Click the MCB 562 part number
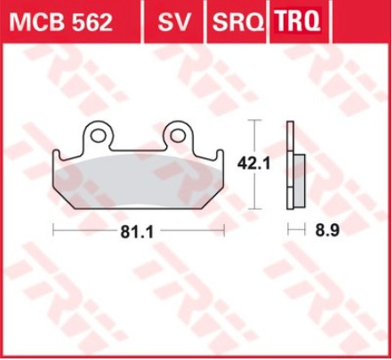[61, 22]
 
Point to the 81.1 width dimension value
[137, 232]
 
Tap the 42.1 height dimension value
[254, 163]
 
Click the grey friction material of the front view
[137, 179]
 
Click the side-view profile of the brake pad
[290, 167]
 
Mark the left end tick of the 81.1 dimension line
[53, 229]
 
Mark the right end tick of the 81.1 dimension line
[224, 229]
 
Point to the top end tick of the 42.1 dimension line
[254, 120]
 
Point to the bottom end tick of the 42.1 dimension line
[254, 208]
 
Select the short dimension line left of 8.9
[294, 229]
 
